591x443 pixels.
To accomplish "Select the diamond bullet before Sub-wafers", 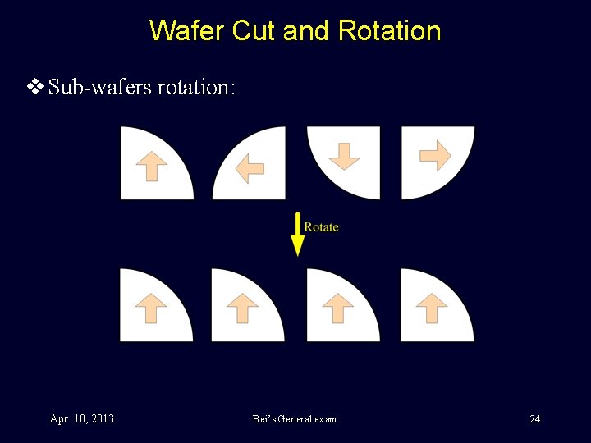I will (x=35, y=87).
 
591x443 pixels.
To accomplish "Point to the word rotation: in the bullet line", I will (x=196, y=87).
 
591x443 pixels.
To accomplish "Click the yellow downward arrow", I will (x=297, y=234).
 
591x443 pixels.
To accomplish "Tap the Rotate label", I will (x=321, y=227).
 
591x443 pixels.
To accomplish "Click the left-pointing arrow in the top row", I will (x=250, y=169).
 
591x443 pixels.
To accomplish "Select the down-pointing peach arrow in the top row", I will (x=344, y=155).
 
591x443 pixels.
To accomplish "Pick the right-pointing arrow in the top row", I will (x=435, y=154).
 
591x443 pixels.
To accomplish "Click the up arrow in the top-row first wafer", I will (x=151, y=167).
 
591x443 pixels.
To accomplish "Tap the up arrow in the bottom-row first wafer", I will (x=151, y=308).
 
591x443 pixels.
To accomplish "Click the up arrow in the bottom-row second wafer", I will (x=242, y=308).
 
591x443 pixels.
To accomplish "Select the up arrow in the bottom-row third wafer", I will (x=337, y=308).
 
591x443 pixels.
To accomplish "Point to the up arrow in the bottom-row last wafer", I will (x=432, y=308).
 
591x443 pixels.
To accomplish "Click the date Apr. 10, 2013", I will (x=82, y=419).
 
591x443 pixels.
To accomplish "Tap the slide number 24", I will (x=534, y=419).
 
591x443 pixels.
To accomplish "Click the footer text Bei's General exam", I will (x=295, y=419).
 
